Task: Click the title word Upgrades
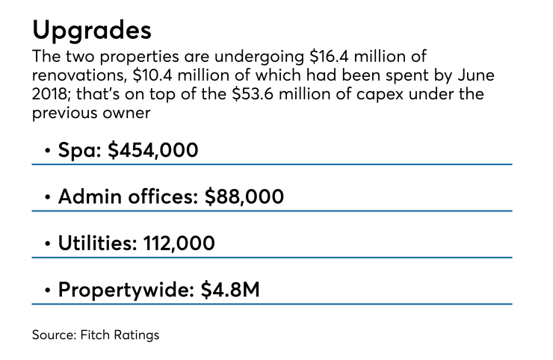pyautogui.click(x=92, y=31)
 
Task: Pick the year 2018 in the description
pyautogui.click(x=52, y=96)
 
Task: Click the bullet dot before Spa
pyautogui.click(x=48, y=152)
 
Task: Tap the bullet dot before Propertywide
pyautogui.click(x=48, y=291)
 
